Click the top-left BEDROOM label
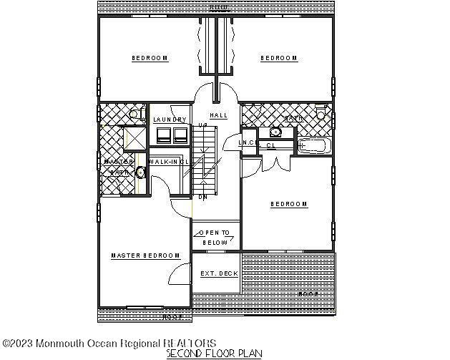coord(150,58)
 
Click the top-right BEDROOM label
coord(278,58)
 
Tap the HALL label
coord(218,115)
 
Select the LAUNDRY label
coord(170,120)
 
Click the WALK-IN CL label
coord(169,162)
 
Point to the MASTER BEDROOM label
coord(145,256)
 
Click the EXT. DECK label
coord(219,273)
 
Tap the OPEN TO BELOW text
coord(215,238)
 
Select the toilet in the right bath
coord(321,115)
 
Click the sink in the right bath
coord(275,132)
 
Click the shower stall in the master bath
coord(134,137)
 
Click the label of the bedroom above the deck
coord(289,204)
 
